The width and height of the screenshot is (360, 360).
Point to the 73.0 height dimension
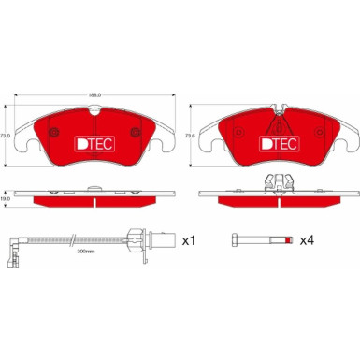click(7, 137)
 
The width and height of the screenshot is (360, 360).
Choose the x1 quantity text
click(186, 240)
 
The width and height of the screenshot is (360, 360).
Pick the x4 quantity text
click(306, 240)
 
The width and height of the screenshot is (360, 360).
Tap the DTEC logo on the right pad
click(279, 145)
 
